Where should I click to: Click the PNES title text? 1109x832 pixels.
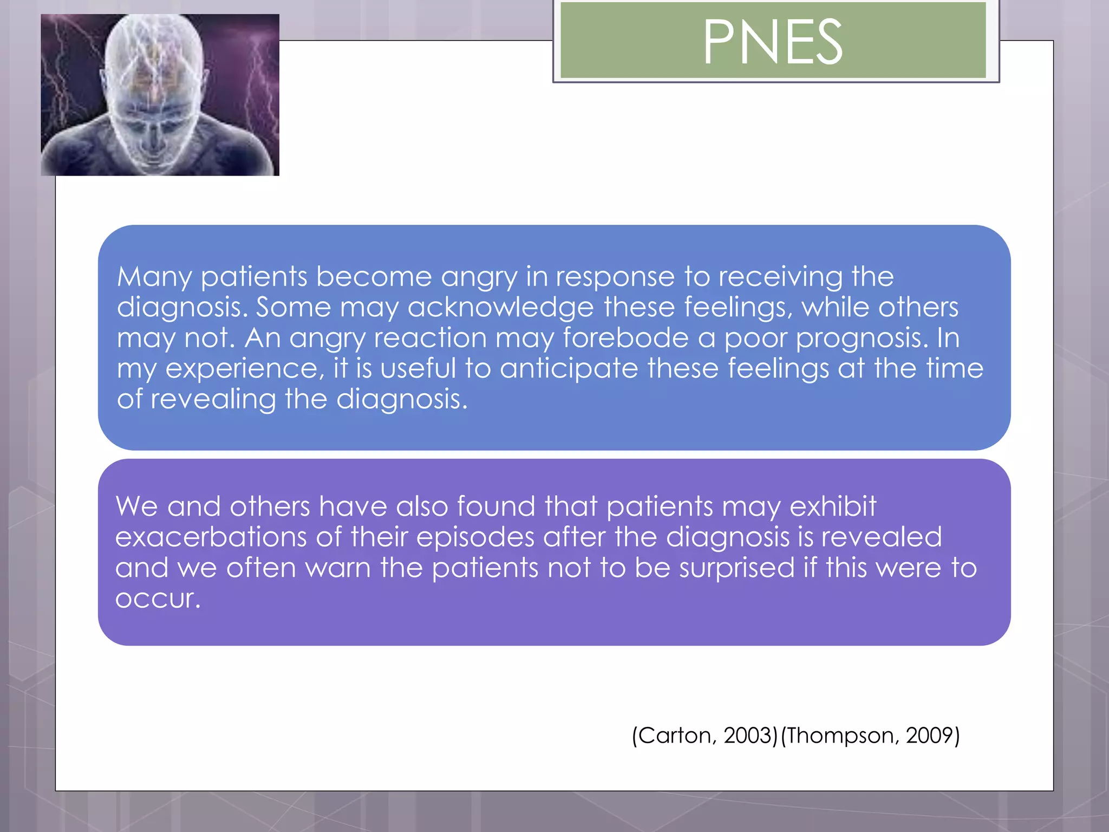coord(773,42)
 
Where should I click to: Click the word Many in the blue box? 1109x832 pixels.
coord(154,277)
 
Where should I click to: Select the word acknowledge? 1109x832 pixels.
coord(500,308)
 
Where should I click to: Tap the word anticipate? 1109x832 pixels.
coord(569,369)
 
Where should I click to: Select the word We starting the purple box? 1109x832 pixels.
coord(137,506)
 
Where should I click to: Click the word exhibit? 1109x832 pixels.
coord(832,506)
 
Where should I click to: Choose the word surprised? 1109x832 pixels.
coord(737,568)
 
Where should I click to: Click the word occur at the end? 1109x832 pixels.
coord(157,599)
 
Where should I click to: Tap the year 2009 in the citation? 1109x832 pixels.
coord(929,736)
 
